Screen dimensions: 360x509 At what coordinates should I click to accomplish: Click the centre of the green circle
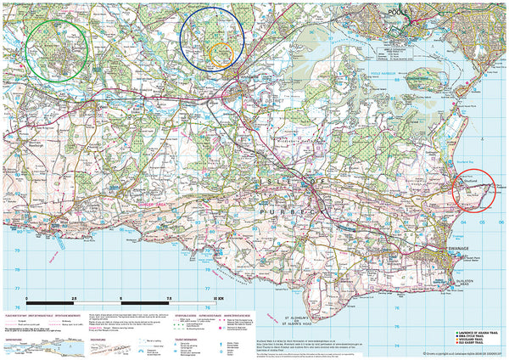57,49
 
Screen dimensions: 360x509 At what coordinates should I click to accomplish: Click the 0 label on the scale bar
27,300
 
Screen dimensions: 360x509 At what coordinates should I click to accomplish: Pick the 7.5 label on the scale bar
171,300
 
